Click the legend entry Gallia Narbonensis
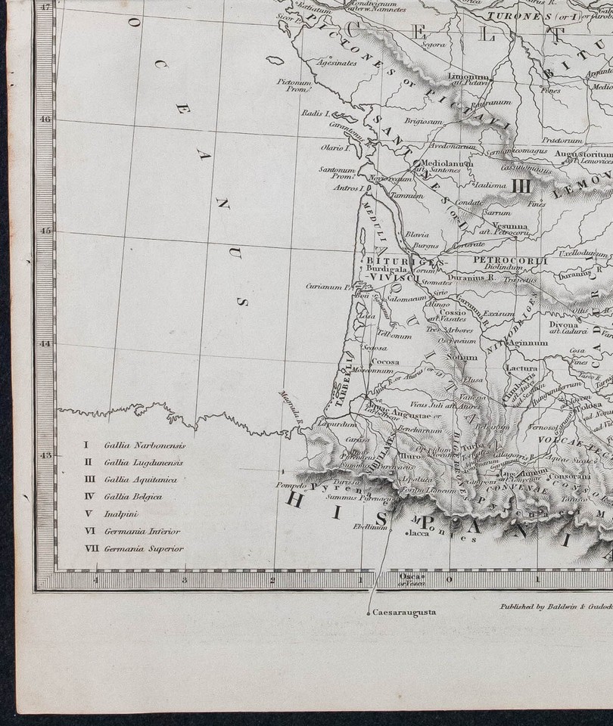(x=144, y=445)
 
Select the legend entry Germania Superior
(x=144, y=549)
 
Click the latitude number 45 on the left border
(x=45, y=231)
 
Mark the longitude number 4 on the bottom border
(x=95, y=580)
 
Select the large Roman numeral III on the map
(x=521, y=185)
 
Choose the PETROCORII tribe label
(x=499, y=260)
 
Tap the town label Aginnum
(x=528, y=343)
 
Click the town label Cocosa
(x=384, y=362)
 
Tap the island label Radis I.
(x=313, y=113)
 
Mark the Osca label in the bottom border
(x=407, y=577)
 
